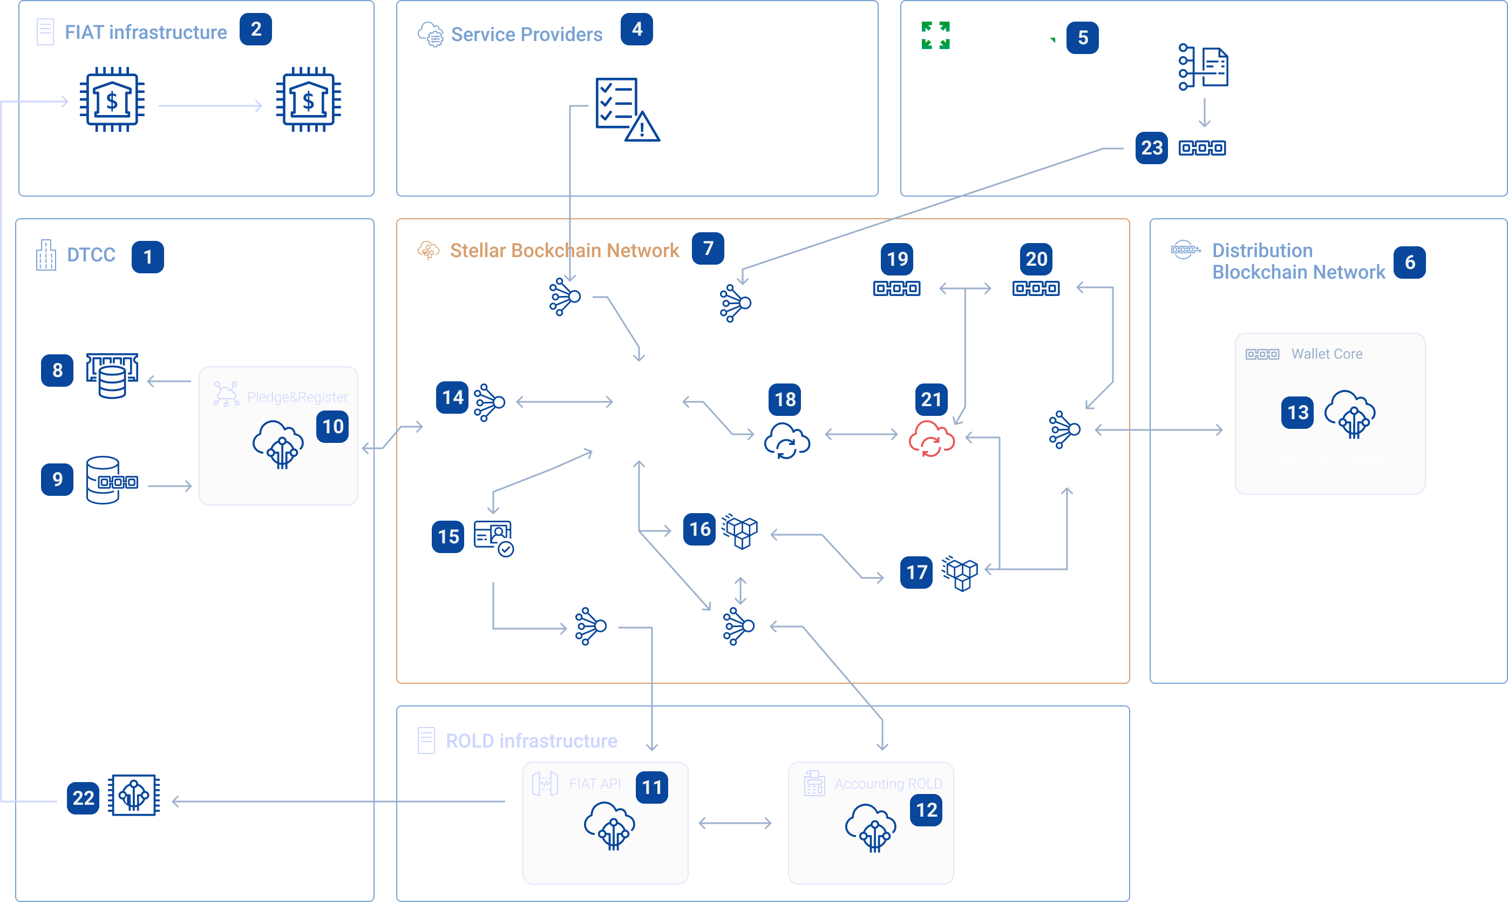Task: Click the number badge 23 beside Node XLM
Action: [1151, 147]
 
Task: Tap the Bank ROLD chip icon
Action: [112, 100]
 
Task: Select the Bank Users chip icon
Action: [309, 100]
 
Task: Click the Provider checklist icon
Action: [626, 110]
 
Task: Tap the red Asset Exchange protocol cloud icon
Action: [931, 439]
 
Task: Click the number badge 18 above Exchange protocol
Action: [785, 399]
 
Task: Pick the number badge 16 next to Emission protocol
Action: [699, 529]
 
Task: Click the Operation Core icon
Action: [134, 795]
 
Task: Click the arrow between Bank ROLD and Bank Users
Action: [210, 106]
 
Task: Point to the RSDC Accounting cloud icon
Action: [1349, 414]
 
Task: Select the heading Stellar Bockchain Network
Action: [564, 251]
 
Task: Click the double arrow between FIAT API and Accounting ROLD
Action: [735, 823]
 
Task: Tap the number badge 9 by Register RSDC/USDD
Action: [57, 479]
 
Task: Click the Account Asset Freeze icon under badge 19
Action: [896, 288]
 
